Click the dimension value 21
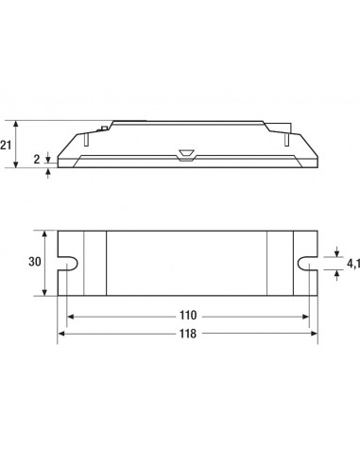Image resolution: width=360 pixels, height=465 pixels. pos(6,146)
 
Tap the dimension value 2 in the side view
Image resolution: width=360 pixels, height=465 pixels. pos(37,160)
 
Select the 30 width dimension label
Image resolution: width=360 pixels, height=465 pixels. pos(35,262)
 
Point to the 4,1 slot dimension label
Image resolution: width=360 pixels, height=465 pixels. pos(353,264)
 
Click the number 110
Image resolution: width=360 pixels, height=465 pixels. pos(188,316)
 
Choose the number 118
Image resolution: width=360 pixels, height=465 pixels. pos(188,334)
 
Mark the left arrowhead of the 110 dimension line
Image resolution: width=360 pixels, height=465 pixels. pos(70,317)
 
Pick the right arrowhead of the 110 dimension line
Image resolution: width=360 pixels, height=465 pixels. pos(305,317)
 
